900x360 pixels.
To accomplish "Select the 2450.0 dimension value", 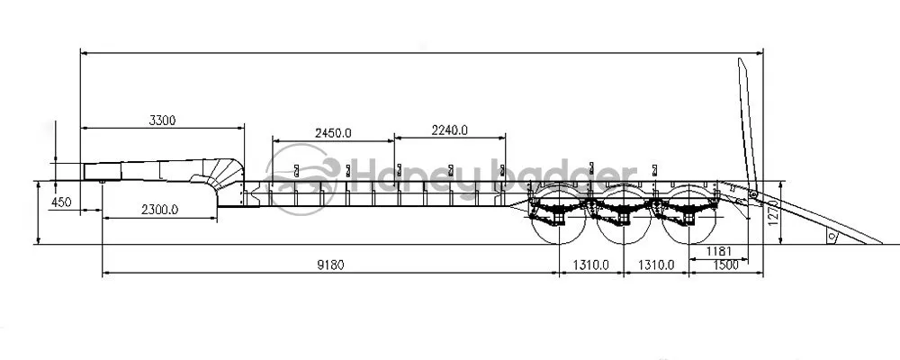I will pyautogui.click(x=333, y=132).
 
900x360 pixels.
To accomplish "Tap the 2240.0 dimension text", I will pyautogui.click(x=450, y=130).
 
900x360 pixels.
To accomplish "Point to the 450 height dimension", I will pyautogui.click(x=61, y=202).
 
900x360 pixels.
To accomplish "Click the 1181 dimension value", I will pyautogui.click(x=717, y=250).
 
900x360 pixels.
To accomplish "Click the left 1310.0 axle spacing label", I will pyautogui.click(x=591, y=265).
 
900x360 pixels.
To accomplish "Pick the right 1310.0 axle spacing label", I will pyautogui.click(x=658, y=265).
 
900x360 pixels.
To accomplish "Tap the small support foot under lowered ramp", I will pyautogui.click(x=832, y=236).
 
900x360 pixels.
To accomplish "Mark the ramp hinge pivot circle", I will pyautogui.click(x=753, y=194).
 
